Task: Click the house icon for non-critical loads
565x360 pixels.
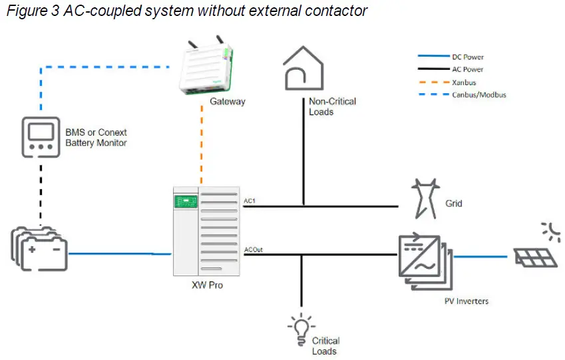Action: pyautogui.click(x=303, y=68)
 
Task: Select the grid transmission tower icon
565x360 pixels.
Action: pyautogui.click(x=423, y=198)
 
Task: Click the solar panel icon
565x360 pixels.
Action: pyautogui.click(x=534, y=256)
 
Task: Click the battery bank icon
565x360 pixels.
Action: pyautogui.click(x=39, y=249)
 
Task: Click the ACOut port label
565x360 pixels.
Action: pyautogui.click(x=254, y=250)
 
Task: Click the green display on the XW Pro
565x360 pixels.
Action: pyautogui.click(x=185, y=200)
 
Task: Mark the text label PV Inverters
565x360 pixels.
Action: pyautogui.click(x=466, y=301)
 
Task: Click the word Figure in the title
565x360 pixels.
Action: pyautogui.click(x=23, y=11)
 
